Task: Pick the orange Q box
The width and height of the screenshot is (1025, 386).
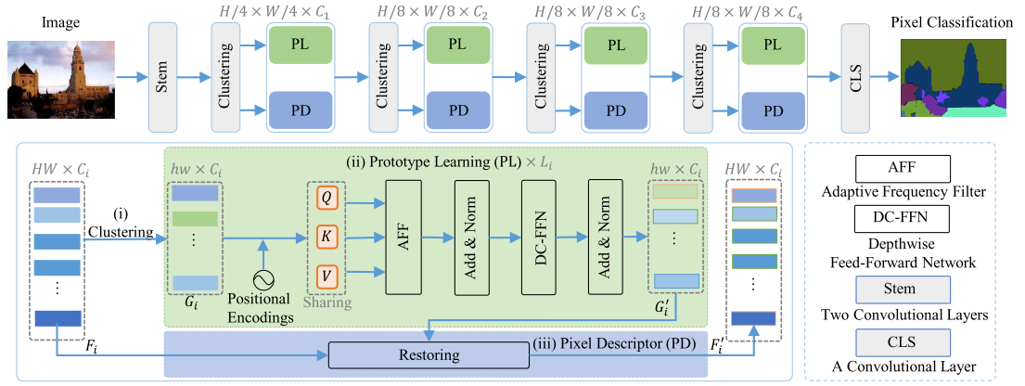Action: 326,198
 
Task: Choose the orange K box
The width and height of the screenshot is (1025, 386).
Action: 326,237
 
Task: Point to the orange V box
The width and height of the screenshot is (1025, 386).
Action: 326,275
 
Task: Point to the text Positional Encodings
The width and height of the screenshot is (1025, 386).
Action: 263,308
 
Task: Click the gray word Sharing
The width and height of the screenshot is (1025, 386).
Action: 326,302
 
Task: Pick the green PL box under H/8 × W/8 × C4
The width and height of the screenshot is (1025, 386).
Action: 772,44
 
